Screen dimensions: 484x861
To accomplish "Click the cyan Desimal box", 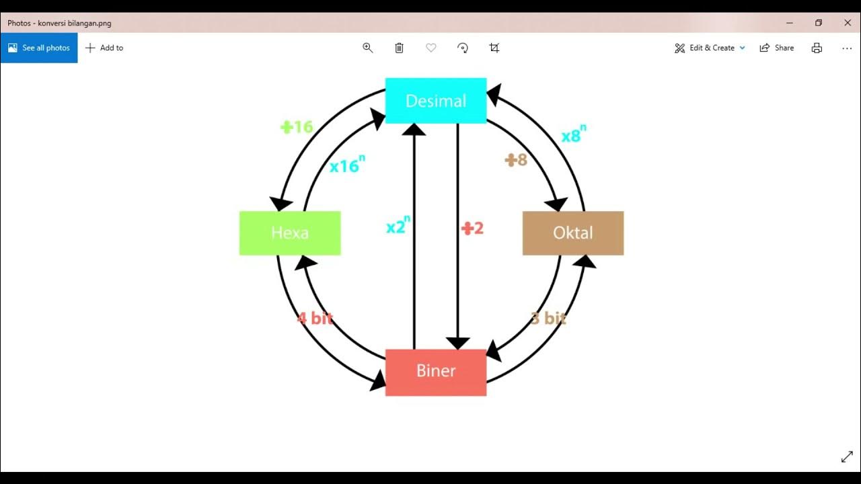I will pyautogui.click(x=435, y=101).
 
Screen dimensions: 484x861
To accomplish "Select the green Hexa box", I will pyautogui.click(x=290, y=233).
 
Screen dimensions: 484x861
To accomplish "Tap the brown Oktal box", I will pyautogui.click(x=573, y=233).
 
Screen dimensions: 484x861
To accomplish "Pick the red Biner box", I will pyautogui.click(x=435, y=372).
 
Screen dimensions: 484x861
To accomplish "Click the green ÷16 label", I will pyautogui.click(x=297, y=126).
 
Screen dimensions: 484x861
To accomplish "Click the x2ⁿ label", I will pyautogui.click(x=398, y=226).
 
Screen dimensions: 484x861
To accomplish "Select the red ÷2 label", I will pyautogui.click(x=472, y=229).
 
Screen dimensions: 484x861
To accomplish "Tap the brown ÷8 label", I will pyautogui.click(x=516, y=160).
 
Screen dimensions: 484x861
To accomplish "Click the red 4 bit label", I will pyautogui.click(x=315, y=318).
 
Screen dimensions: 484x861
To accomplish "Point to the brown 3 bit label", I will pyautogui.click(x=548, y=318).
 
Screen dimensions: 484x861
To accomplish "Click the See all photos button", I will pyautogui.click(x=39, y=48).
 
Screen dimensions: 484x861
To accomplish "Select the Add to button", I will pyautogui.click(x=104, y=48).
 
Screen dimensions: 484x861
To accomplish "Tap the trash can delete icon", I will pyautogui.click(x=399, y=48).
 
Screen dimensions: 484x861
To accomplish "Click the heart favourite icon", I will pyautogui.click(x=431, y=48).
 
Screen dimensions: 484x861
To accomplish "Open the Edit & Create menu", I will pyautogui.click(x=710, y=48).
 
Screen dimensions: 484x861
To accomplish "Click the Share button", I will pyautogui.click(x=777, y=48).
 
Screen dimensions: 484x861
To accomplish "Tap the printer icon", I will pyautogui.click(x=817, y=48).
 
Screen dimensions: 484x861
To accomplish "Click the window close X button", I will pyautogui.click(x=848, y=23).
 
